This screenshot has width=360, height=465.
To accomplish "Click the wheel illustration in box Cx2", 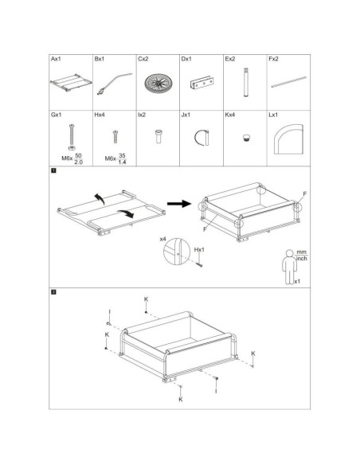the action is point(158,83).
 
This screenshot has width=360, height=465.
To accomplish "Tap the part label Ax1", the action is point(56,59).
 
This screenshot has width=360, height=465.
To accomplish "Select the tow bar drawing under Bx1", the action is point(115,84).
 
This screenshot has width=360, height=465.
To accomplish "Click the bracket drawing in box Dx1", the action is point(202,84).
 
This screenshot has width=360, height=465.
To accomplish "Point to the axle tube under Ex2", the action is point(246,82).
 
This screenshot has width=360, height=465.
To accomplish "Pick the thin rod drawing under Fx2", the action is point(289,82).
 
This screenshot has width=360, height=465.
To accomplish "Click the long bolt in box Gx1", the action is point(72,137).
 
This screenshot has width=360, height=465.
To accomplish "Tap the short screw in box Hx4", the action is point(115,137).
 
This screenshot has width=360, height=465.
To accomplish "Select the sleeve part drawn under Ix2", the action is point(158,136).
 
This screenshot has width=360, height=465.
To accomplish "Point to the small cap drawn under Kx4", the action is point(245,138).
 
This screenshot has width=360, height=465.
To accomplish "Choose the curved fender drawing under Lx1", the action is point(289,139).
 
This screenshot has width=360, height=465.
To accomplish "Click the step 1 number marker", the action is point(53,170).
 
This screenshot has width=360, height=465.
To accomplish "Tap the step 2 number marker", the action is point(53,292).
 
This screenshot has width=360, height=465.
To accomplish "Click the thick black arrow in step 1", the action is point(179,204).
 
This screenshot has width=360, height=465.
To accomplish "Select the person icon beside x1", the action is point(289,267).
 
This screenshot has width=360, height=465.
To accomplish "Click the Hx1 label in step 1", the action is point(199,250).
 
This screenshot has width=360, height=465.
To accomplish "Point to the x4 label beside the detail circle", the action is point(162,239).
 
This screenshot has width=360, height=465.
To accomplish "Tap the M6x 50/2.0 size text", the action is point(72,158).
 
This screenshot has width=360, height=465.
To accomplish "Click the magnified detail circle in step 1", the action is point(177,251).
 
